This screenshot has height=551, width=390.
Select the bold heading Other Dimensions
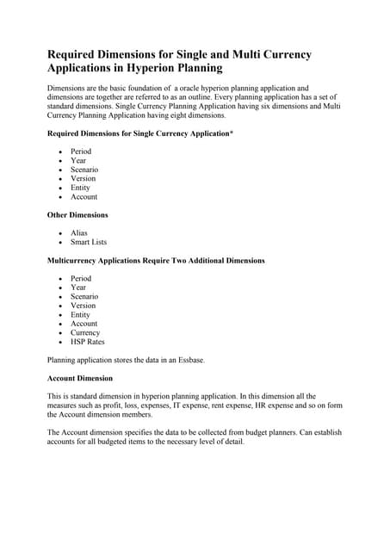(77, 214)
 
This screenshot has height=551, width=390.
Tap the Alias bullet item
(78, 232)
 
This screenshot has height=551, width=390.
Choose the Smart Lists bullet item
(89, 242)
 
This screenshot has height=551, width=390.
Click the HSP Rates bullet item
(87, 342)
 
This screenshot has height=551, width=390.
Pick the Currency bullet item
(85, 332)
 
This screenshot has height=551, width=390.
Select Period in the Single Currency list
(81, 152)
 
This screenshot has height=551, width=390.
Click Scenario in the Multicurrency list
(84, 296)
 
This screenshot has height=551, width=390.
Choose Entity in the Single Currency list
(80, 188)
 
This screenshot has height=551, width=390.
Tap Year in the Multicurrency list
(78, 288)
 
